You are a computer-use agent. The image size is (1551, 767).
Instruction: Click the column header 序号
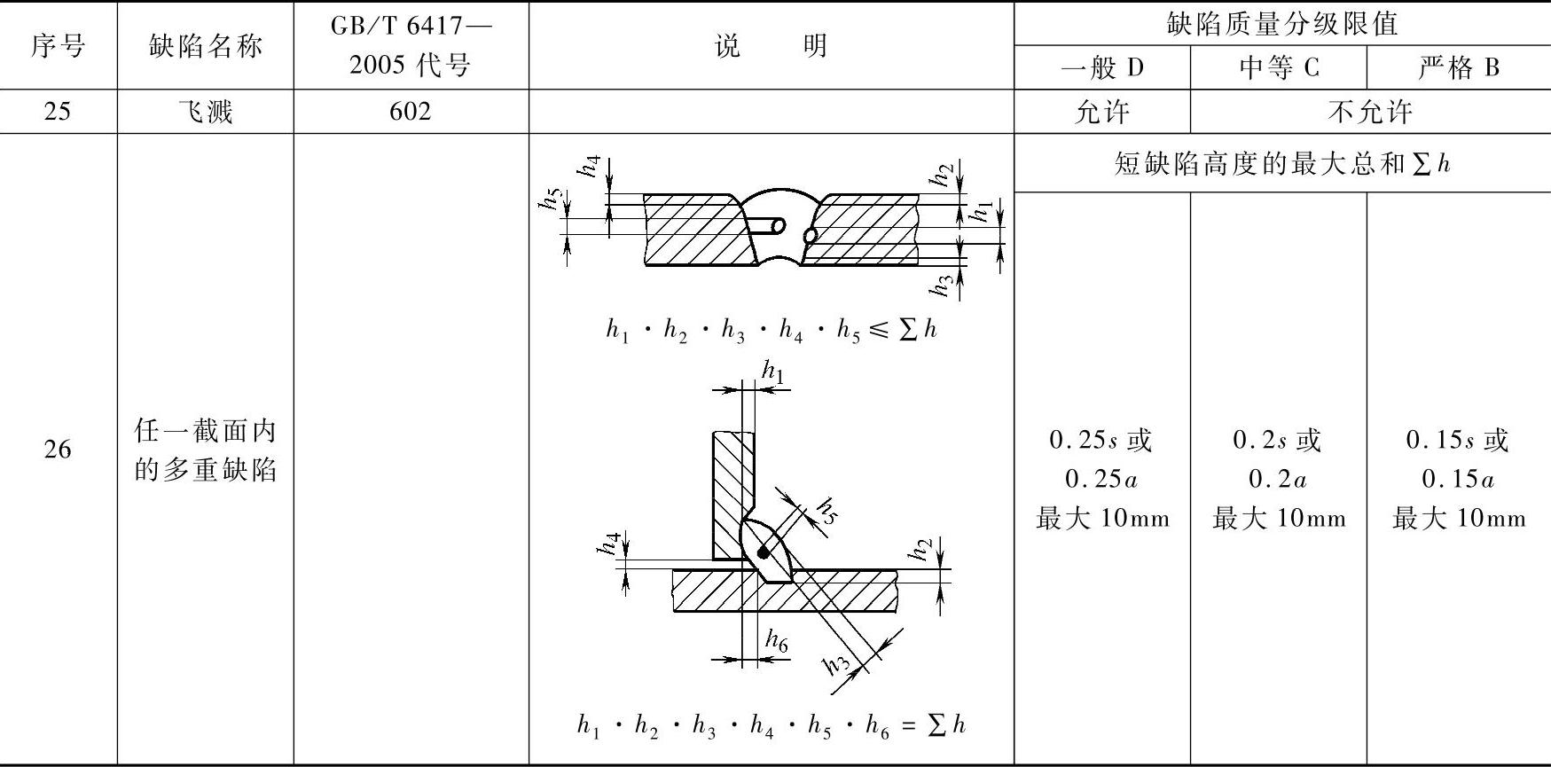[58, 45]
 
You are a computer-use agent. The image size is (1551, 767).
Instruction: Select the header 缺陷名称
[205, 45]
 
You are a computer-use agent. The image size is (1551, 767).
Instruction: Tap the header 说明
[771, 45]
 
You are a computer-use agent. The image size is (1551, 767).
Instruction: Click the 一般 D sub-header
[1101, 67]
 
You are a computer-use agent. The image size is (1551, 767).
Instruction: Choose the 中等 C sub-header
[1278, 67]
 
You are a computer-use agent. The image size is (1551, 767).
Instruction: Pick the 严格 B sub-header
[1459, 67]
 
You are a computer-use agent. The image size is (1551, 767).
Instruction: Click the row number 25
[58, 112]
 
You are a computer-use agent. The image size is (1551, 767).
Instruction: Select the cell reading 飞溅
[205, 112]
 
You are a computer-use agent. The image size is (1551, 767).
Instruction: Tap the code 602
[410, 112]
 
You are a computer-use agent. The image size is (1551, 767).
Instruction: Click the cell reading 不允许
[1370, 112]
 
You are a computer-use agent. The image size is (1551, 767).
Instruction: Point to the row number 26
[58, 449]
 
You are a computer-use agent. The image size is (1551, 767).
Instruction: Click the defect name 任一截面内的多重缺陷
[205, 450]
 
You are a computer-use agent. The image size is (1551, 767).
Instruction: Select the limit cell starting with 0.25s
[1101, 479]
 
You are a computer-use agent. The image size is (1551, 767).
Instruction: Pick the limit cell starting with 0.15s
[1459, 479]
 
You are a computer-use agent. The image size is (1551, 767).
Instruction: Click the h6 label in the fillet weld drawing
[777, 641]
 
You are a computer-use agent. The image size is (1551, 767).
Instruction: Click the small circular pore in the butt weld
[810, 235]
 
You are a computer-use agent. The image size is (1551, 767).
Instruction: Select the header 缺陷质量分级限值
[1281, 23]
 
